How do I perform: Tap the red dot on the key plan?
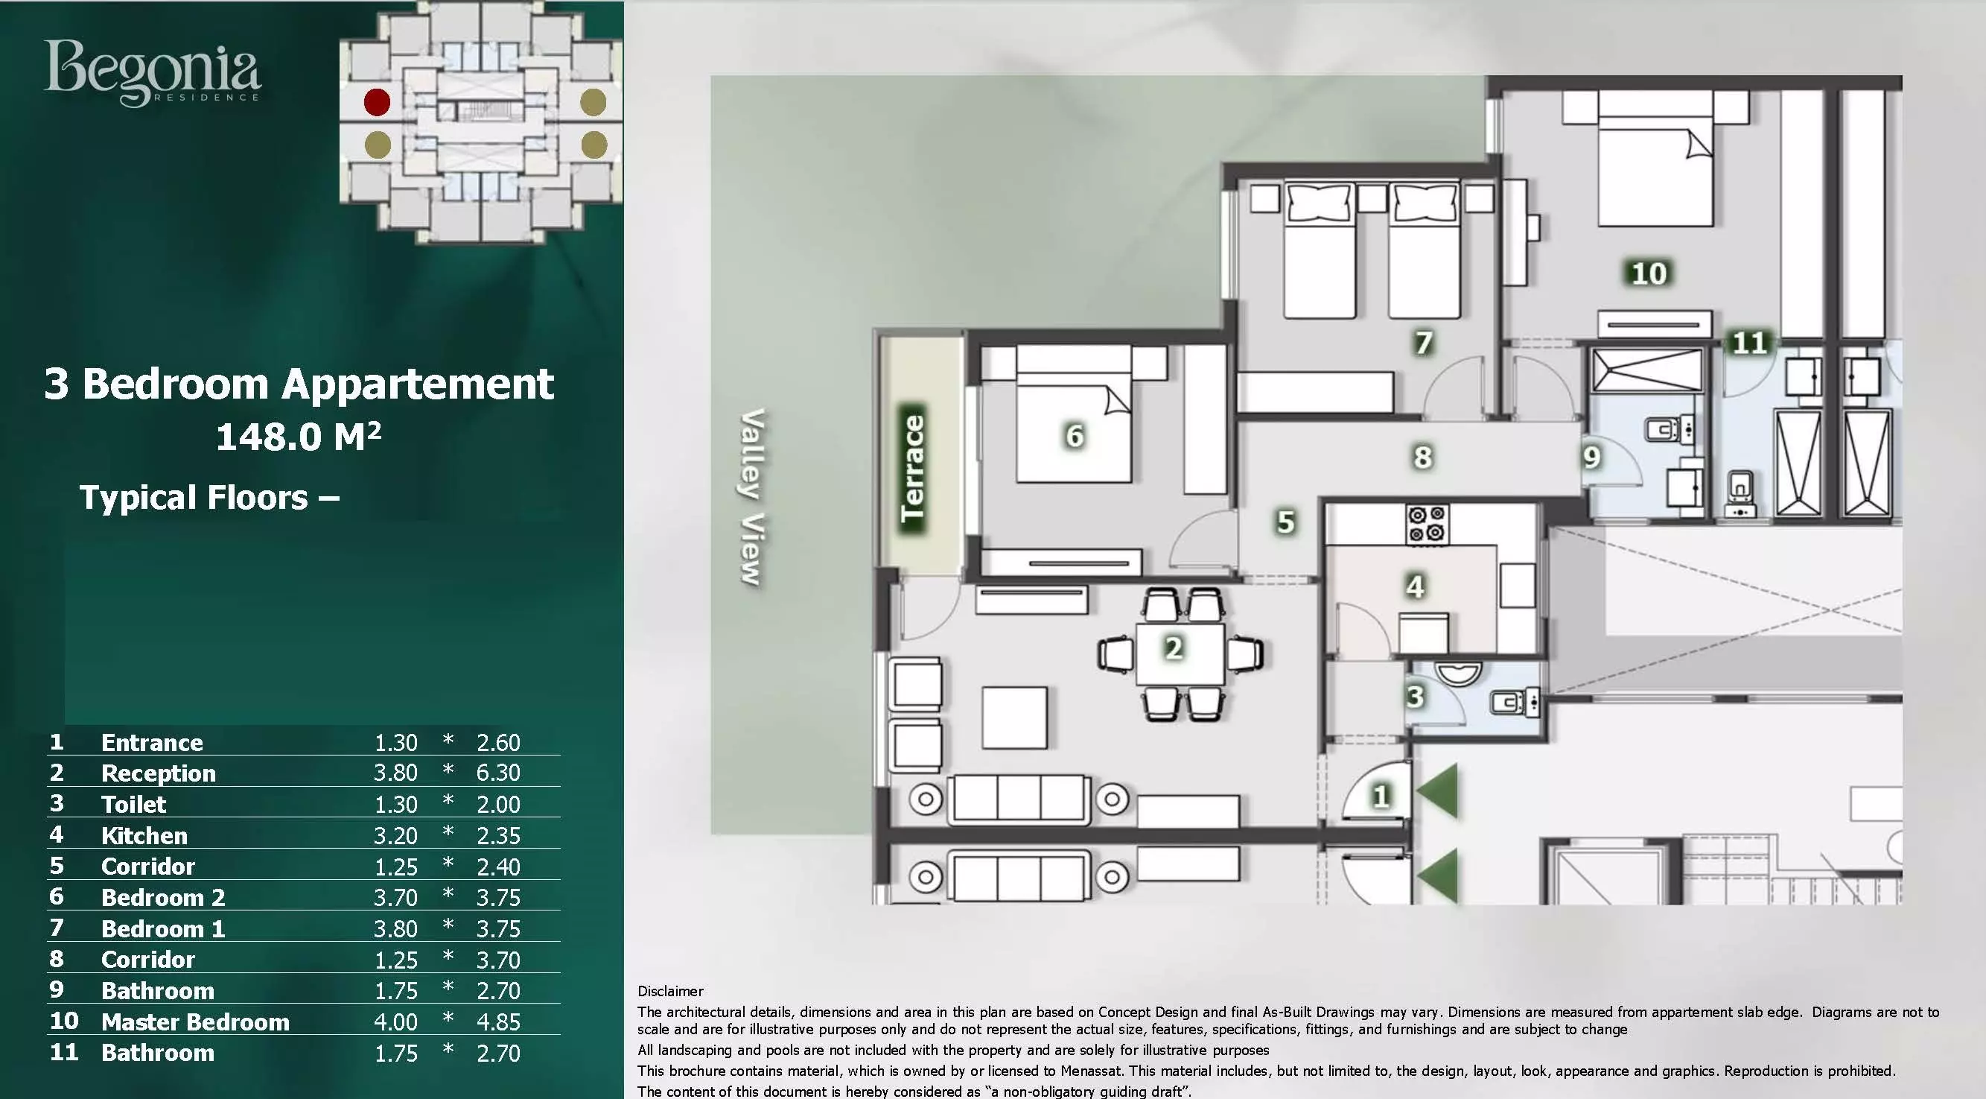point(377,102)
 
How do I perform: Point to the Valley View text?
point(751,497)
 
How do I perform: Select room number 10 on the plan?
point(1649,273)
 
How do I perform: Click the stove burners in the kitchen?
point(1427,524)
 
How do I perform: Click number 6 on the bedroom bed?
point(1075,436)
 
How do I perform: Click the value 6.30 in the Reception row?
point(498,772)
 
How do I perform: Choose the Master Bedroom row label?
point(195,1021)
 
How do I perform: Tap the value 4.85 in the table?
point(498,1021)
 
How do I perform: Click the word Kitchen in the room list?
point(144,835)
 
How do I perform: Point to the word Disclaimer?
point(670,991)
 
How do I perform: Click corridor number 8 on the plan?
point(1422,457)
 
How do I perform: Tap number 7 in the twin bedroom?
point(1423,343)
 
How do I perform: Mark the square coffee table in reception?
point(1013,718)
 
